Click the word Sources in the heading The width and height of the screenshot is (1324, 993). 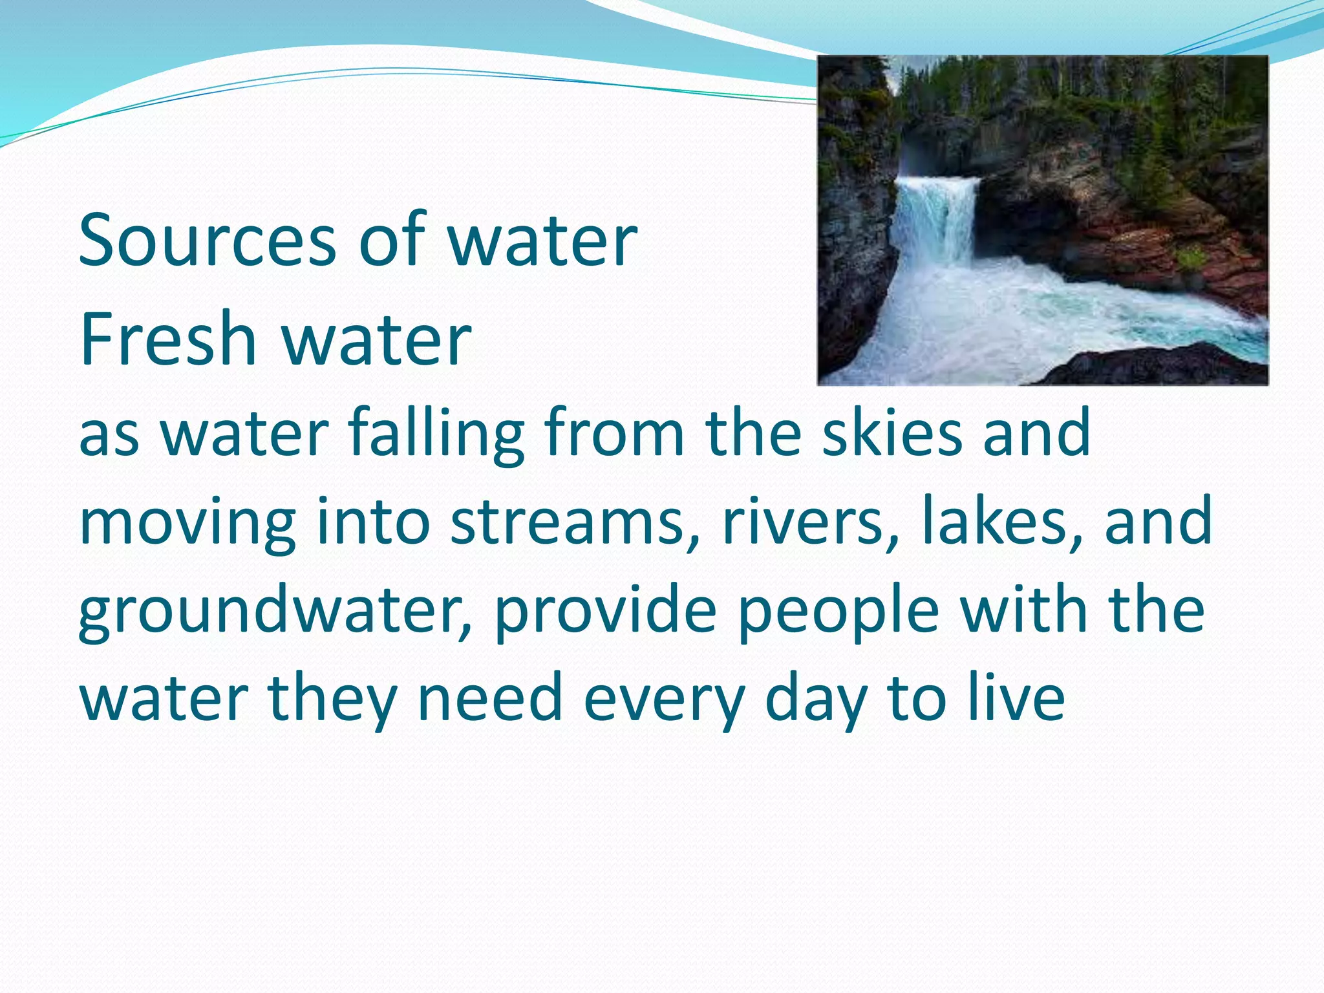207,240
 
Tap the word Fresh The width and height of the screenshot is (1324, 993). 168,338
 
